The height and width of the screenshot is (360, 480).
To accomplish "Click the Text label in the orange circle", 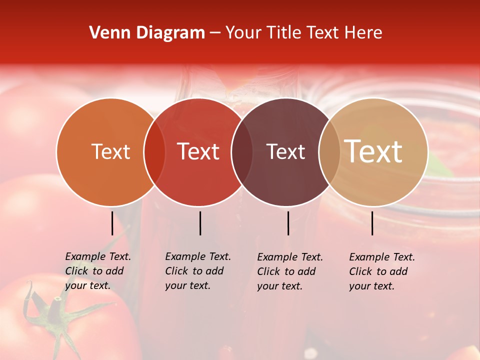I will click(111, 151).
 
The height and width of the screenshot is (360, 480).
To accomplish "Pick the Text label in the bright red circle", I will click(198, 151).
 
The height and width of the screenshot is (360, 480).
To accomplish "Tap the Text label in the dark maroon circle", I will click(286, 151).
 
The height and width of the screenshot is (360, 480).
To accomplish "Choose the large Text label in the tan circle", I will click(373, 151).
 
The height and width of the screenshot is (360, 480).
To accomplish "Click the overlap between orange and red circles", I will click(154, 151).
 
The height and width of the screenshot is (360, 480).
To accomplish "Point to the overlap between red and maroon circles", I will click(242, 151).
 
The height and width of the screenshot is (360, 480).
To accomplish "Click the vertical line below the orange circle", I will click(112, 223).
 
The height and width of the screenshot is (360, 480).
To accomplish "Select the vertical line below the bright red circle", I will click(200, 223).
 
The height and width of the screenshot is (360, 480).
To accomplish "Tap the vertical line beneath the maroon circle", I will click(288, 223).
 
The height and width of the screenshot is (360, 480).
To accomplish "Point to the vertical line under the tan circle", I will click(372, 223).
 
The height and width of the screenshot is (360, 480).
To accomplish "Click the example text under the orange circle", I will click(97, 271).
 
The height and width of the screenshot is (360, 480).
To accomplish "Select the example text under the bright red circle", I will click(197, 271).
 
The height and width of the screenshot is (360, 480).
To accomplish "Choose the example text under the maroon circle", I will click(289, 271).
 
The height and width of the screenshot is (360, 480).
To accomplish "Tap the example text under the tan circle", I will click(381, 271).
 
